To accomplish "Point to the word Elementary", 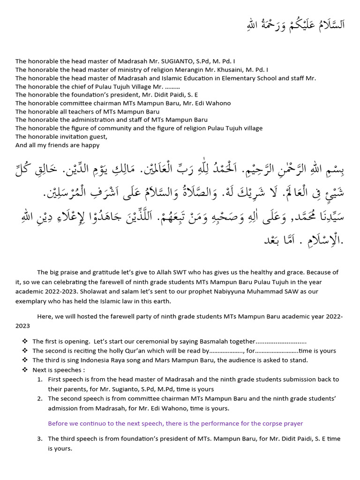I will click(x=232, y=78).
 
